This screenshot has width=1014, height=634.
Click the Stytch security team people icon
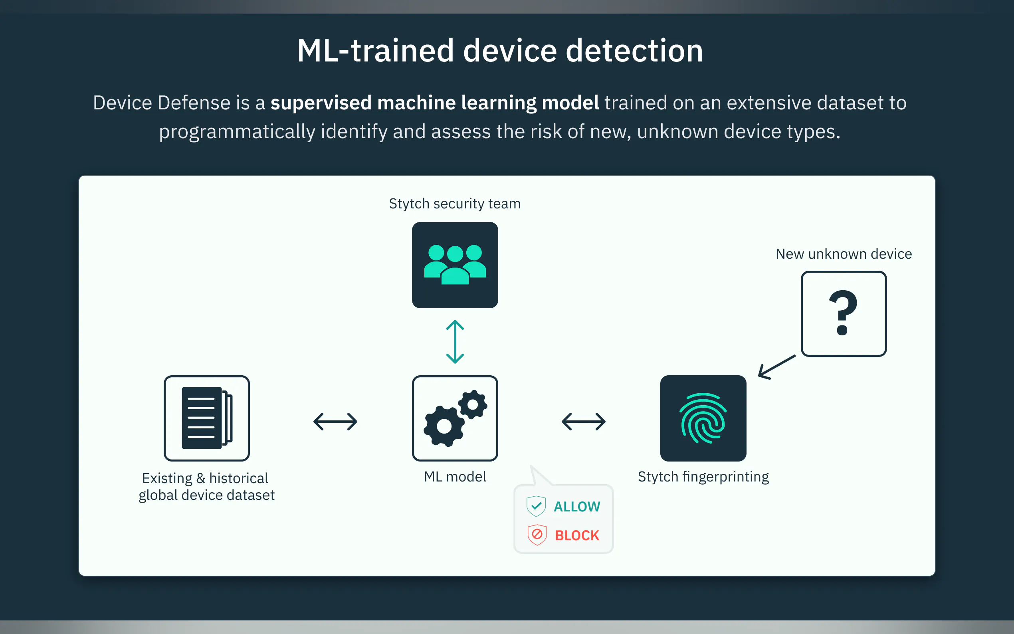pos(455,265)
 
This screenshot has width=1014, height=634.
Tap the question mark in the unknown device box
pos(843,313)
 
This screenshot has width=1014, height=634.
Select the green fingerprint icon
pos(703,418)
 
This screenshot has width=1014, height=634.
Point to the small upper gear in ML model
pos(473,404)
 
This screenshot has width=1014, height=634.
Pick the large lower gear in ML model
pos(444,426)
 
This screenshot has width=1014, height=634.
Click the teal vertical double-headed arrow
pos(455,342)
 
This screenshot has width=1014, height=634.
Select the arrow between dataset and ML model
pos(335,422)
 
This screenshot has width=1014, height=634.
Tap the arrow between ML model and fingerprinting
pos(584,422)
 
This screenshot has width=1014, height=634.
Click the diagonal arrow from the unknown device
pos(777,367)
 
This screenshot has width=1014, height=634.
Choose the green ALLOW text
pos(577,507)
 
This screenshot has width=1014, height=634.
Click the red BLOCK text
pos(577,535)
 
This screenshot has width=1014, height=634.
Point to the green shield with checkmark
pos(536,506)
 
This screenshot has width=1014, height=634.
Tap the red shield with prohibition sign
pos(537,535)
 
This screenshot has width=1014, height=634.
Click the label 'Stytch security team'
pos(455,204)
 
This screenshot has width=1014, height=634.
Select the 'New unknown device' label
pos(844,254)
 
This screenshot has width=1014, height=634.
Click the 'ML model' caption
pos(455,477)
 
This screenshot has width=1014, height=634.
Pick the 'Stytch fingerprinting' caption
pos(703,477)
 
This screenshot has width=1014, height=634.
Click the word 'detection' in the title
pos(634,51)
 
